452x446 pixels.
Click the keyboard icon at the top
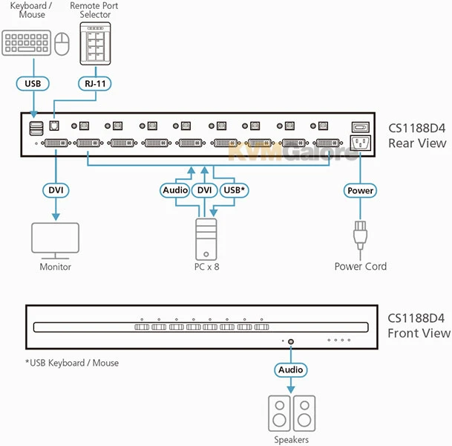27,42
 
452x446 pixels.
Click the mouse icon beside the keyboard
62,42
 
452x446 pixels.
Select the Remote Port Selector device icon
94,44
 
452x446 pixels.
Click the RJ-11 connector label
94,84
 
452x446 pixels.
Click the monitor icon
56,239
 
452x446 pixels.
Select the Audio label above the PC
175,191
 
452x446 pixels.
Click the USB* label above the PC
234,191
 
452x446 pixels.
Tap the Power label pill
360,191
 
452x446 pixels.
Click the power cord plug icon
360,236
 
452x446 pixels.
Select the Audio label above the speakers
290,369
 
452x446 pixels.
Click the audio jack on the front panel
291,342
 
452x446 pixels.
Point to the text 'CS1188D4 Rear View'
418,135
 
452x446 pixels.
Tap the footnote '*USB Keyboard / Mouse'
71,363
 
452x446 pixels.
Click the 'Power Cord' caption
360,266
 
